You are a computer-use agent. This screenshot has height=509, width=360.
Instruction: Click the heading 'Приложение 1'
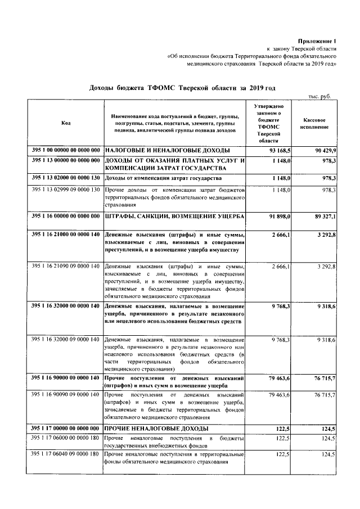point(318,41)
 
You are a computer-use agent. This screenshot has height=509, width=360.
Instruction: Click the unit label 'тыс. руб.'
point(321,97)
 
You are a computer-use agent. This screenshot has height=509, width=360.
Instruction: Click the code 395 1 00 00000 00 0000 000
point(66,151)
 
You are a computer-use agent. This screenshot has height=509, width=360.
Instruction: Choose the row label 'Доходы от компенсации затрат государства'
point(160,178)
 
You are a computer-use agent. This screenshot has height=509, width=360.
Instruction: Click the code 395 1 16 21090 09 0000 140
point(66,265)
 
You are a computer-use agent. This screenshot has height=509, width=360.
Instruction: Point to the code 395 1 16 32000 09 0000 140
point(66,341)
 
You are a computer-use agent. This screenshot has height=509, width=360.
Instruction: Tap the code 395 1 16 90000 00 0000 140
point(66,380)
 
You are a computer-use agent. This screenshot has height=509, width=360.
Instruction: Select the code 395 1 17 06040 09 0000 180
point(66,454)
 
